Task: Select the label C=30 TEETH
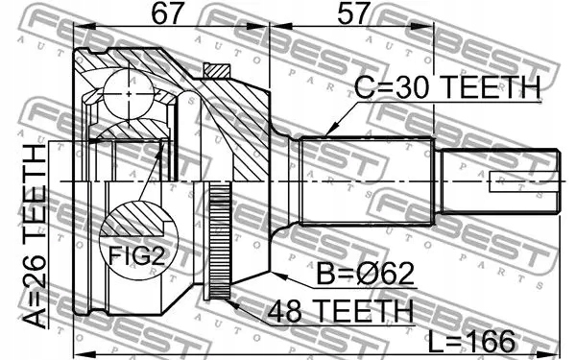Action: [x=446, y=90]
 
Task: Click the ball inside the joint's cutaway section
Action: [x=129, y=91]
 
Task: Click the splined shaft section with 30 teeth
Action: [x=365, y=181]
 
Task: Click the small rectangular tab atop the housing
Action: [x=217, y=70]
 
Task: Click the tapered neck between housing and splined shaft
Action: [x=283, y=181]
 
